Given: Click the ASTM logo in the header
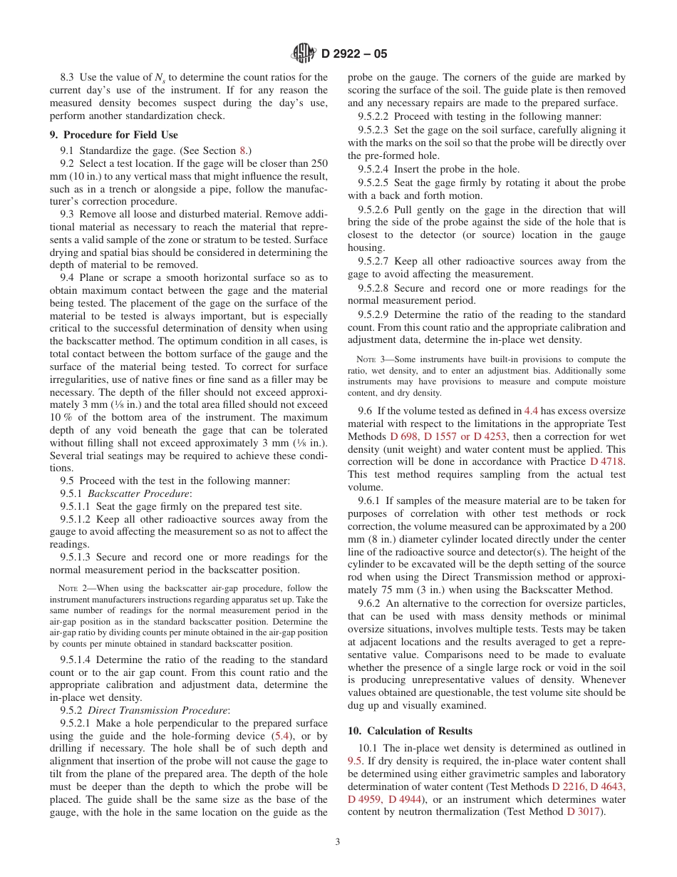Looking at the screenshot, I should pos(304,53).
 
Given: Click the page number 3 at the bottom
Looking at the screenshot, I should pos(338,841).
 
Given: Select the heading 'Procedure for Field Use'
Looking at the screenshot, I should pos(120,135).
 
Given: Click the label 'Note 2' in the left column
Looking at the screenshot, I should pos(73,588).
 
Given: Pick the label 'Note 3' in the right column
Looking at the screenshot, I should pos(371,359).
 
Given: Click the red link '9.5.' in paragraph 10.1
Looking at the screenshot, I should pos(356,761).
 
